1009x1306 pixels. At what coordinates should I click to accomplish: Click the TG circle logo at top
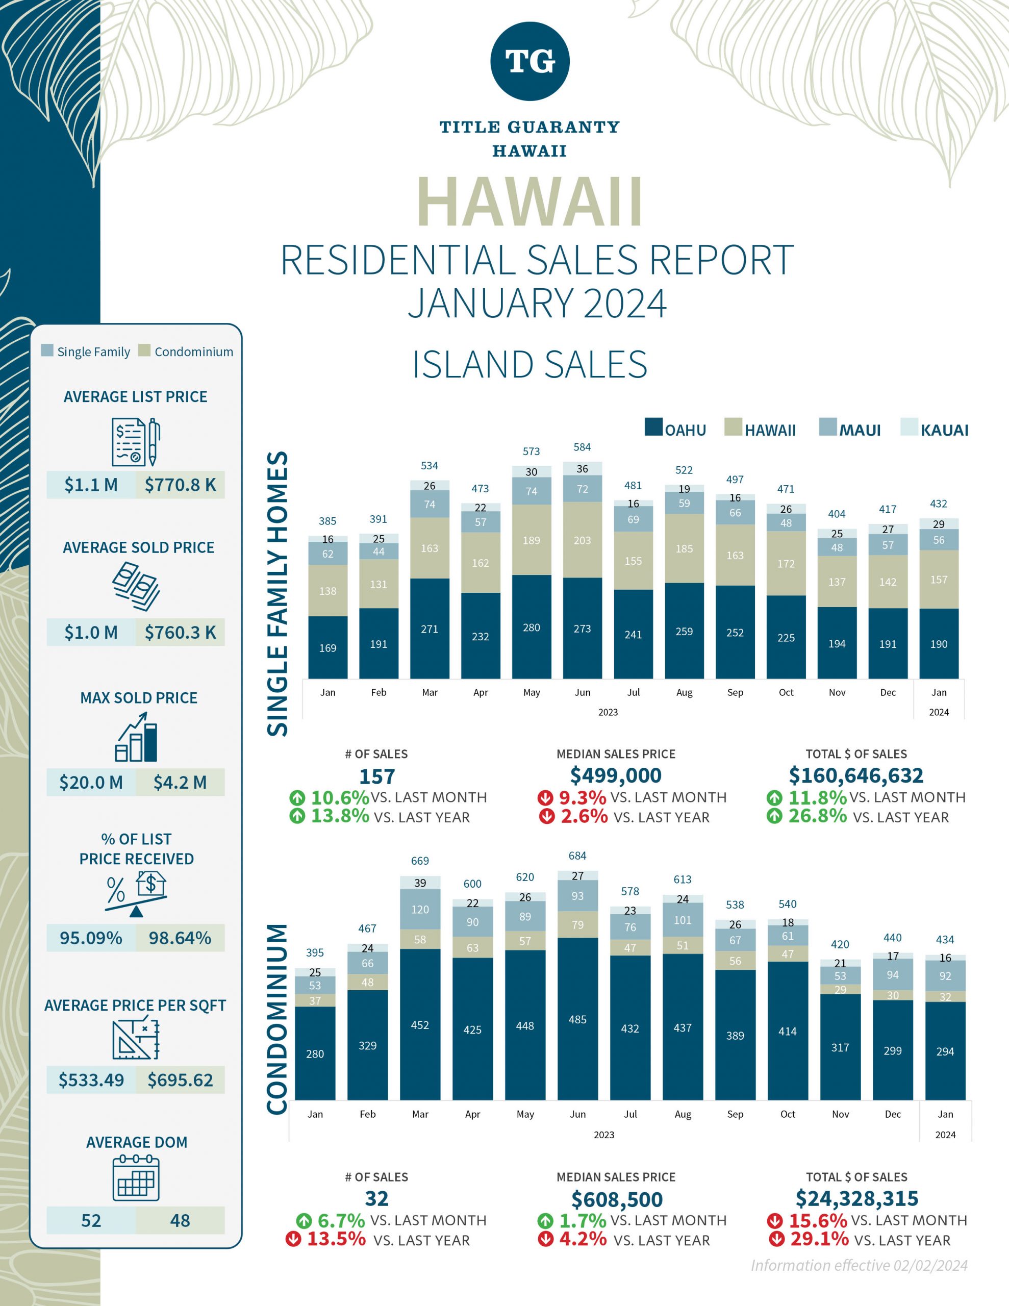click(x=529, y=61)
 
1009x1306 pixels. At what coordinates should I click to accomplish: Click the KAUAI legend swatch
click(x=909, y=427)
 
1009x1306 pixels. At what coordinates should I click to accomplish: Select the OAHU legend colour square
click(x=654, y=427)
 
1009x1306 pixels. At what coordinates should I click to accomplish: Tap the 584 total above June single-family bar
click(x=582, y=447)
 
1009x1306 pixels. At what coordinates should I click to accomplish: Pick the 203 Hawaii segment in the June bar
click(x=582, y=540)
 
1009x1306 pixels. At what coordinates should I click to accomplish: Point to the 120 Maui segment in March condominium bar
click(x=420, y=909)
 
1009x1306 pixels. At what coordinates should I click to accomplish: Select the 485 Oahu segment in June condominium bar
click(x=577, y=1019)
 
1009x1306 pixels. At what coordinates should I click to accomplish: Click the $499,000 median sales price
click(x=615, y=775)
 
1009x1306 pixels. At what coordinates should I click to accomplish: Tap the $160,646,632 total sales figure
click(x=856, y=775)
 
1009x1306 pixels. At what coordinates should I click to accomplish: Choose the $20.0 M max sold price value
click(x=91, y=782)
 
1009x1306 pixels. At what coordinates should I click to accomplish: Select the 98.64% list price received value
click(x=180, y=938)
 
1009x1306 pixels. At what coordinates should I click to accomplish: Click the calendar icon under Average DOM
click(x=136, y=1178)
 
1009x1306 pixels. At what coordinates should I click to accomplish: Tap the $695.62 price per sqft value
click(x=180, y=1079)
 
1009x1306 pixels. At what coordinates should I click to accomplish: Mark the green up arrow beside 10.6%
click(x=297, y=798)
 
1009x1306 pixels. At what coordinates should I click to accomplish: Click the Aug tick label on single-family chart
click(x=684, y=692)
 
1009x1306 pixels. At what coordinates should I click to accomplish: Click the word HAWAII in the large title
click(x=529, y=202)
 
